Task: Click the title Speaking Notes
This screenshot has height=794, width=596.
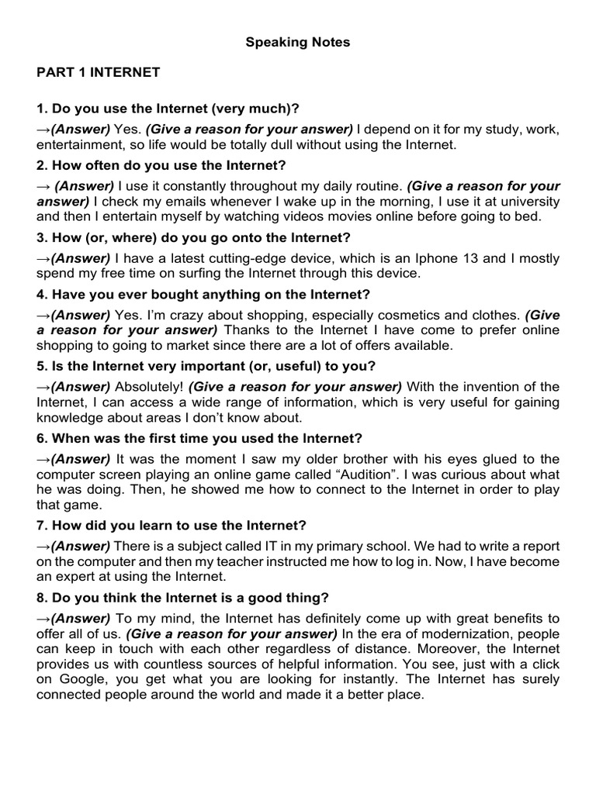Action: point(298,43)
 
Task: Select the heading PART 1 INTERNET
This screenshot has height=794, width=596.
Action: point(98,72)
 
